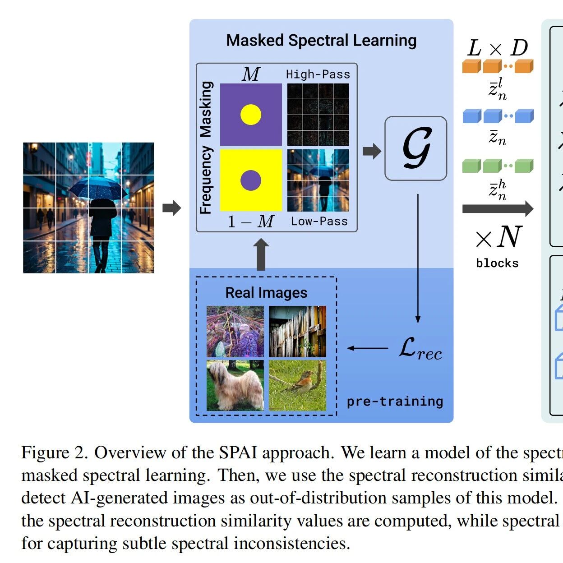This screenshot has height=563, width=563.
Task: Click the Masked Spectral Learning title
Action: (321, 40)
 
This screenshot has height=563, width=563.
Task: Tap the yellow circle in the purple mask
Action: (251, 115)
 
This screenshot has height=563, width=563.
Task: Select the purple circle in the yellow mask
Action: (251, 180)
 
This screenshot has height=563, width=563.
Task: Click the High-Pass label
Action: (318, 74)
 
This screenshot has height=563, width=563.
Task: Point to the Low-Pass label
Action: (319, 221)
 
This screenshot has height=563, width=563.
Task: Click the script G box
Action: (416, 148)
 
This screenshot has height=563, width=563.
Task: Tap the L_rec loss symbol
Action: (420, 349)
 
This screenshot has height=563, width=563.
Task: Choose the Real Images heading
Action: (266, 292)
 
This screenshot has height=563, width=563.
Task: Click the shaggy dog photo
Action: (235, 385)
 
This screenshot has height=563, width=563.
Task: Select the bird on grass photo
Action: (297, 385)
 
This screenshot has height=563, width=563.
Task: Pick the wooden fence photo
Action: (297, 332)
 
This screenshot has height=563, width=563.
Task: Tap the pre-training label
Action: (395, 402)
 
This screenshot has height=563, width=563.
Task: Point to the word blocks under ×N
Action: (497, 263)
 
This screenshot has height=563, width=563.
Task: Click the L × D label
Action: (498, 48)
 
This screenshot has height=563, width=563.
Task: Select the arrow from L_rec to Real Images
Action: (368, 348)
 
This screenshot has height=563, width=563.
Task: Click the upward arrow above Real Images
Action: (261, 254)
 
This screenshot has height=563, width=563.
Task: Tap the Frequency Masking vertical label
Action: (206, 148)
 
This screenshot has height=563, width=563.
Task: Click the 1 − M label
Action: (251, 222)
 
